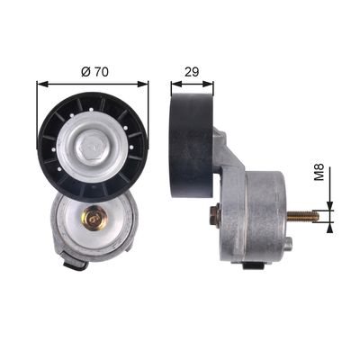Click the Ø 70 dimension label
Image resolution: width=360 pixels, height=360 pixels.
pos(94,72)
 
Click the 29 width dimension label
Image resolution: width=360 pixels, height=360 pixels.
pos(192,72)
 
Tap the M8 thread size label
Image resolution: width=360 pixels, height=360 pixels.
pos(319,172)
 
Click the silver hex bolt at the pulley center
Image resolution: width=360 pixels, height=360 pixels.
pos(92,147)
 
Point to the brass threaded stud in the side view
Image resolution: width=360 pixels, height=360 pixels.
pos(303,216)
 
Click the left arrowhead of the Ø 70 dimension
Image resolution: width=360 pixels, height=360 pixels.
pos(42,84)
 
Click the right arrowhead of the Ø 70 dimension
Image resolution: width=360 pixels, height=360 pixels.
pos(142,84)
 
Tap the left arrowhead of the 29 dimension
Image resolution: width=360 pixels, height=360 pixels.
pos(176,84)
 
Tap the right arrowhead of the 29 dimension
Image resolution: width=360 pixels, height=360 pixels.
pos(208,84)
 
